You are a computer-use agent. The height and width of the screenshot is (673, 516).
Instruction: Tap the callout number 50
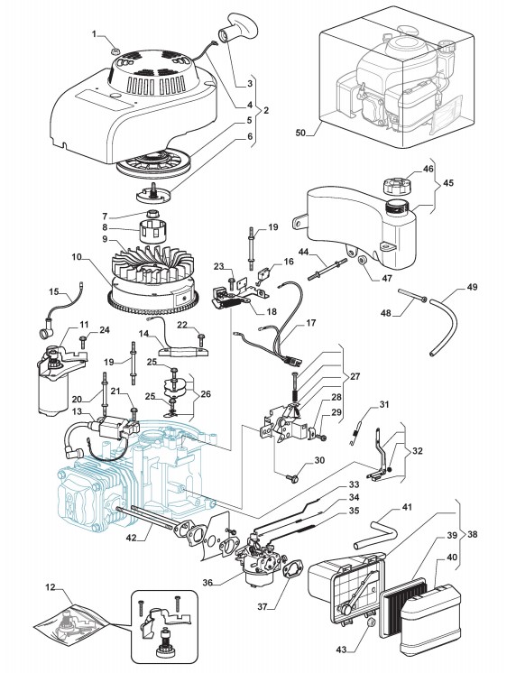point(300,133)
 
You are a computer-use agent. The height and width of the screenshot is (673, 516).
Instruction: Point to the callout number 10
point(78,257)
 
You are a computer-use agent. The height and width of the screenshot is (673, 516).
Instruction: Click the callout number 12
point(51,586)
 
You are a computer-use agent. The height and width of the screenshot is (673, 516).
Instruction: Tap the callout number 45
point(448,183)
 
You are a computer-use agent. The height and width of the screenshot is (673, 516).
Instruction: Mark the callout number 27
point(355,376)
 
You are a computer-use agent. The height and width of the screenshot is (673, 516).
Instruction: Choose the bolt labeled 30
point(294,477)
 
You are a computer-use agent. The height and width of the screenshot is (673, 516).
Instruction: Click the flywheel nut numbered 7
point(153,213)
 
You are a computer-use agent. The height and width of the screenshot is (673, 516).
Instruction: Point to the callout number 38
point(473,534)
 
